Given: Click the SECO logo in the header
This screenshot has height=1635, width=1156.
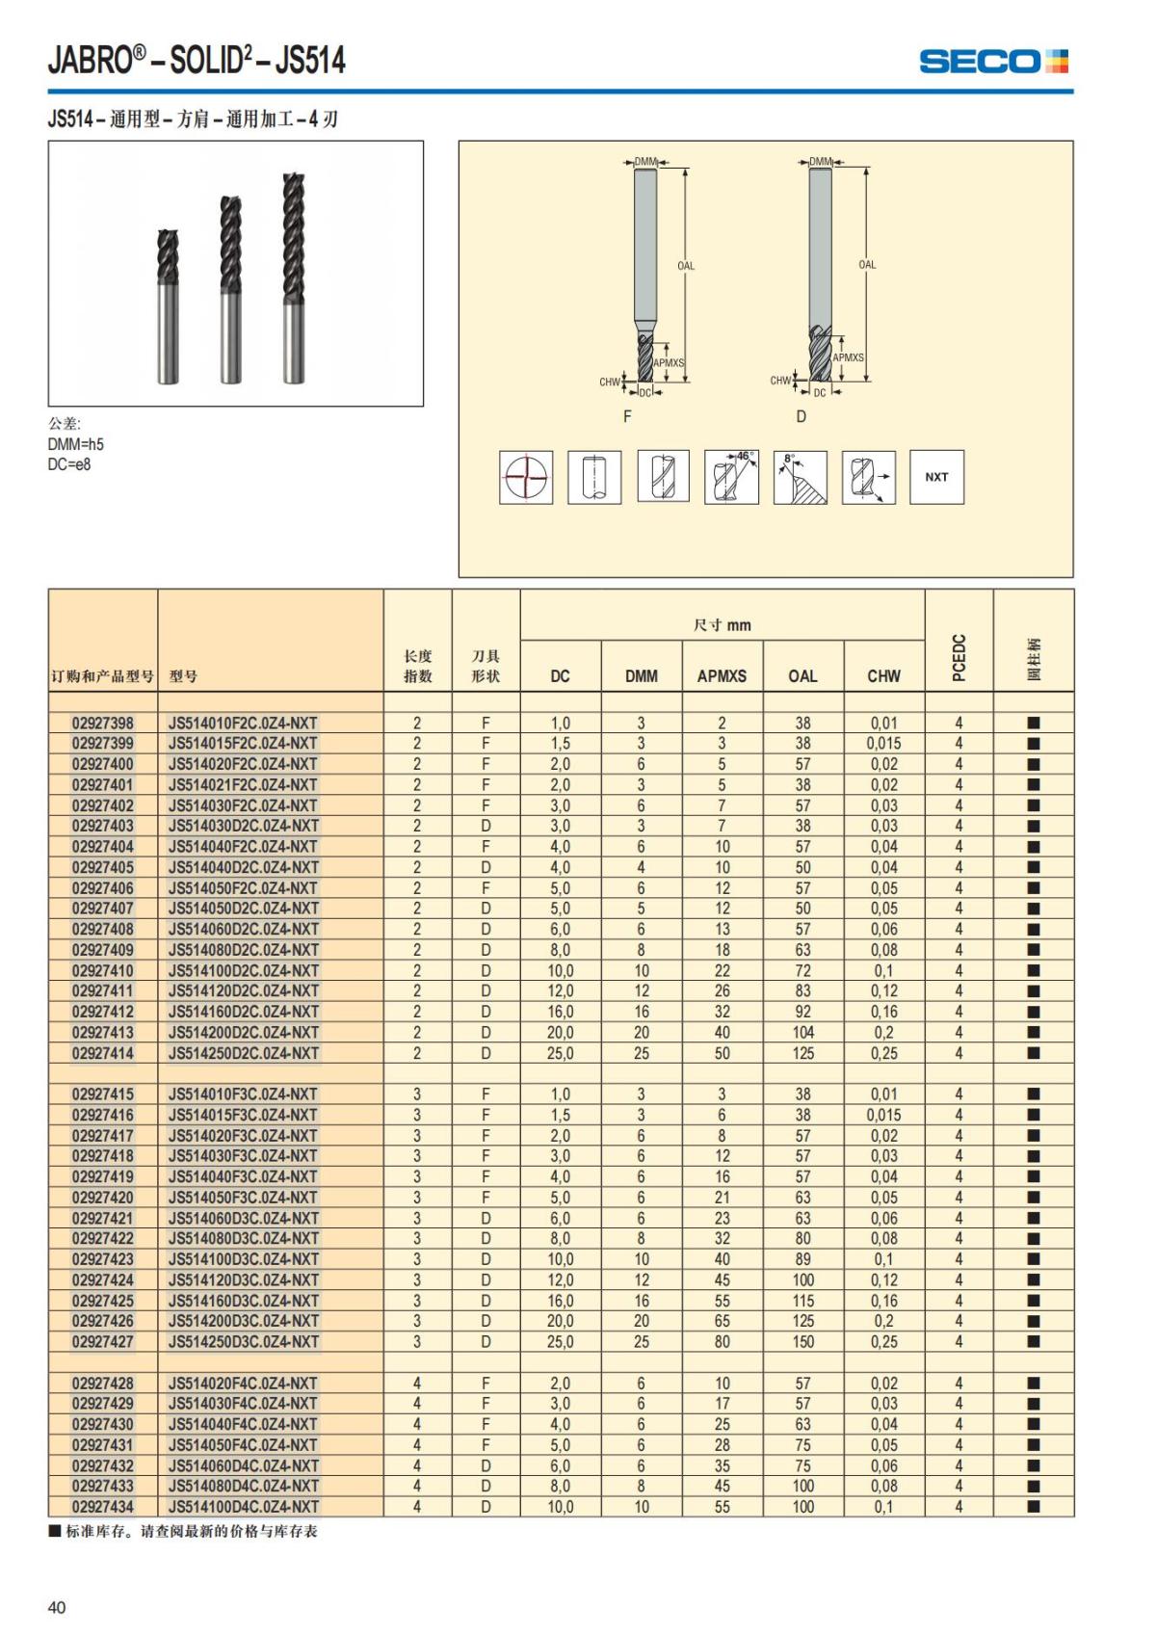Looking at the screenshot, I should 993,62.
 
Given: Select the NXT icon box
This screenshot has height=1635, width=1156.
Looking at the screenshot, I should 936,477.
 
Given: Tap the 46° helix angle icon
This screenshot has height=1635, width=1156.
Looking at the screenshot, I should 731,477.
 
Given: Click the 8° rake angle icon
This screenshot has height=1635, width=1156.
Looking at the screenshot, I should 800,477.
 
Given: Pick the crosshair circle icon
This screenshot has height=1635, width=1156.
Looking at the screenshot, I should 526,477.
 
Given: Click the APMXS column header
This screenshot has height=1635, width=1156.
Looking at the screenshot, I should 722,676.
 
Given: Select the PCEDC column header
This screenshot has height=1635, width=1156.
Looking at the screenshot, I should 959,658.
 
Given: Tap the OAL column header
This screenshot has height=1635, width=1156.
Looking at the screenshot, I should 802,676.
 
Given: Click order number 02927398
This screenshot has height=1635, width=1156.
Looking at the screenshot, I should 103,724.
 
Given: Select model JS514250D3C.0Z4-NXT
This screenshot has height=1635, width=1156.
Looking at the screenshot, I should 244,1342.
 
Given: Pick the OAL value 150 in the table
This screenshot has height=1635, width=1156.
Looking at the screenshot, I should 802,1342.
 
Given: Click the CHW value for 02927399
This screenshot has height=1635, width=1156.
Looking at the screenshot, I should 883,744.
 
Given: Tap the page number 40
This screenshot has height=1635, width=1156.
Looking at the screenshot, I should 57,1607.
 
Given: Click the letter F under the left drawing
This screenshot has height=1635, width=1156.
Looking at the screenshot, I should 627,417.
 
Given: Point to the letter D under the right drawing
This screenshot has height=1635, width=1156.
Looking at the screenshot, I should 801,417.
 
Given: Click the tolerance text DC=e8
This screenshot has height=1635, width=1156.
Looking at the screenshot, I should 69,464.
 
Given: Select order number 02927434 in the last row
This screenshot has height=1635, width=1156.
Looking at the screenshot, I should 103,1507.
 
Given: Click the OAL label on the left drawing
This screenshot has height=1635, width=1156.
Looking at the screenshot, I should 686,266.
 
